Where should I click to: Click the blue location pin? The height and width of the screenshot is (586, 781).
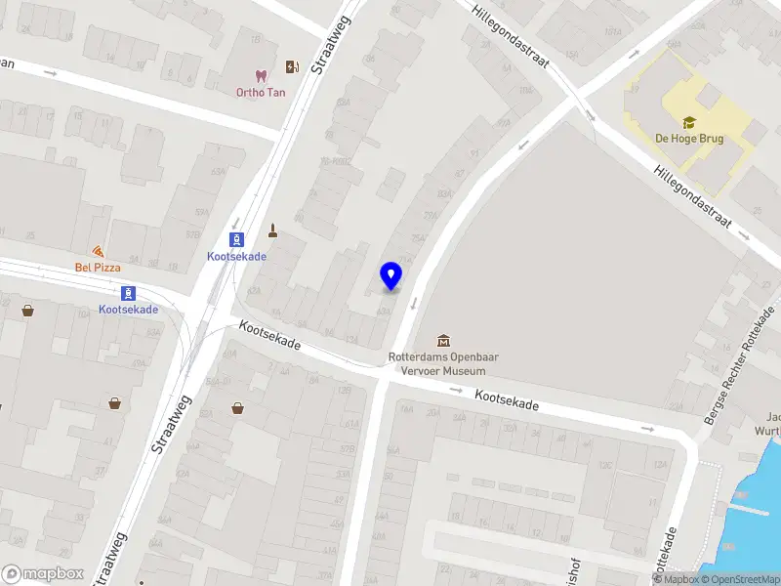click(x=390, y=276)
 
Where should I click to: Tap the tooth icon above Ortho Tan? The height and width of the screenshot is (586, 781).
click(x=260, y=75)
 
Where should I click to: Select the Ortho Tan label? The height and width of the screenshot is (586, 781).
click(x=260, y=93)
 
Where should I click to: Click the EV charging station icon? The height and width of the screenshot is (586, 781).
click(x=292, y=67)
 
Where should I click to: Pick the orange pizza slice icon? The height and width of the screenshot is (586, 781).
click(x=98, y=251)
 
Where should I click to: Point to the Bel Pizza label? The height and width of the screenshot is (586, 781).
click(x=98, y=268)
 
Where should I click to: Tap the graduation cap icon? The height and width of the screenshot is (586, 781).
click(x=689, y=122)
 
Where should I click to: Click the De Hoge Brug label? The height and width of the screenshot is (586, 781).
click(x=689, y=139)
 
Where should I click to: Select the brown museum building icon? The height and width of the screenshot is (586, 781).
click(x=444, y=340)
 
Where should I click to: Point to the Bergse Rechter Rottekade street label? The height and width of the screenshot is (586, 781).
click(x=738, y=366)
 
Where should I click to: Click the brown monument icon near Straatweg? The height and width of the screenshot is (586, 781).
click(x=274, y=231)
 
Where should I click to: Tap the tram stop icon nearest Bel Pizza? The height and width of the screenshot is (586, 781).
click(x=128, y=293)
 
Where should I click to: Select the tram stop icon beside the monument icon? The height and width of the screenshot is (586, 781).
click(x=236, y=239)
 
